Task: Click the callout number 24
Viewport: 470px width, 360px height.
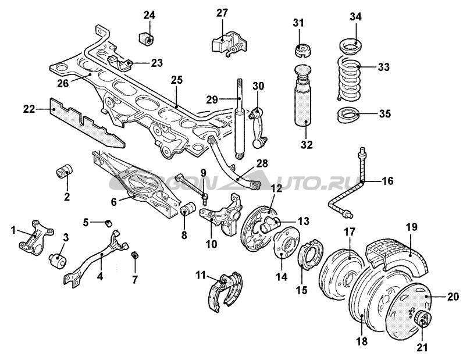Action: click(x=150, y=15)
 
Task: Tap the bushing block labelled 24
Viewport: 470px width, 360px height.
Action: click(x=147, y=40)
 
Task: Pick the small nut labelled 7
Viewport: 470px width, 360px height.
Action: click(x=134, y=255)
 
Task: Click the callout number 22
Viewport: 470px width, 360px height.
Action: click(x=28, y=108)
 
